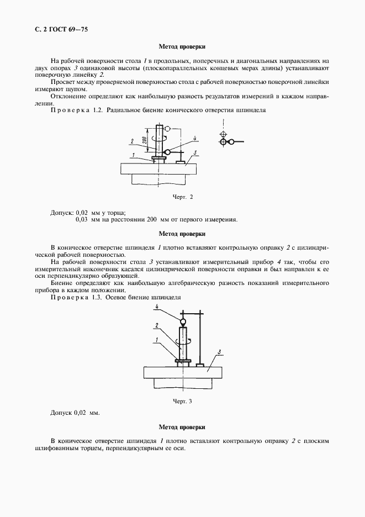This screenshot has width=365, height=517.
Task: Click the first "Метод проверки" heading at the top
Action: [182, 47]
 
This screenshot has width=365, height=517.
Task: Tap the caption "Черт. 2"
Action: [183, 196]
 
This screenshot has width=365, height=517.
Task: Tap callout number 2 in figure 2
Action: [132, 140]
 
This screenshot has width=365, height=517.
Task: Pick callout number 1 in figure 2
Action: [133, 155]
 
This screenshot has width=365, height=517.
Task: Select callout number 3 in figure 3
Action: [219, 352]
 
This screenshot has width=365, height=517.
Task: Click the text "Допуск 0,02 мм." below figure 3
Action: [75, 413]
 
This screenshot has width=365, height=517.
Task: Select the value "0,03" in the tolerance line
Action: [82, 219]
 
